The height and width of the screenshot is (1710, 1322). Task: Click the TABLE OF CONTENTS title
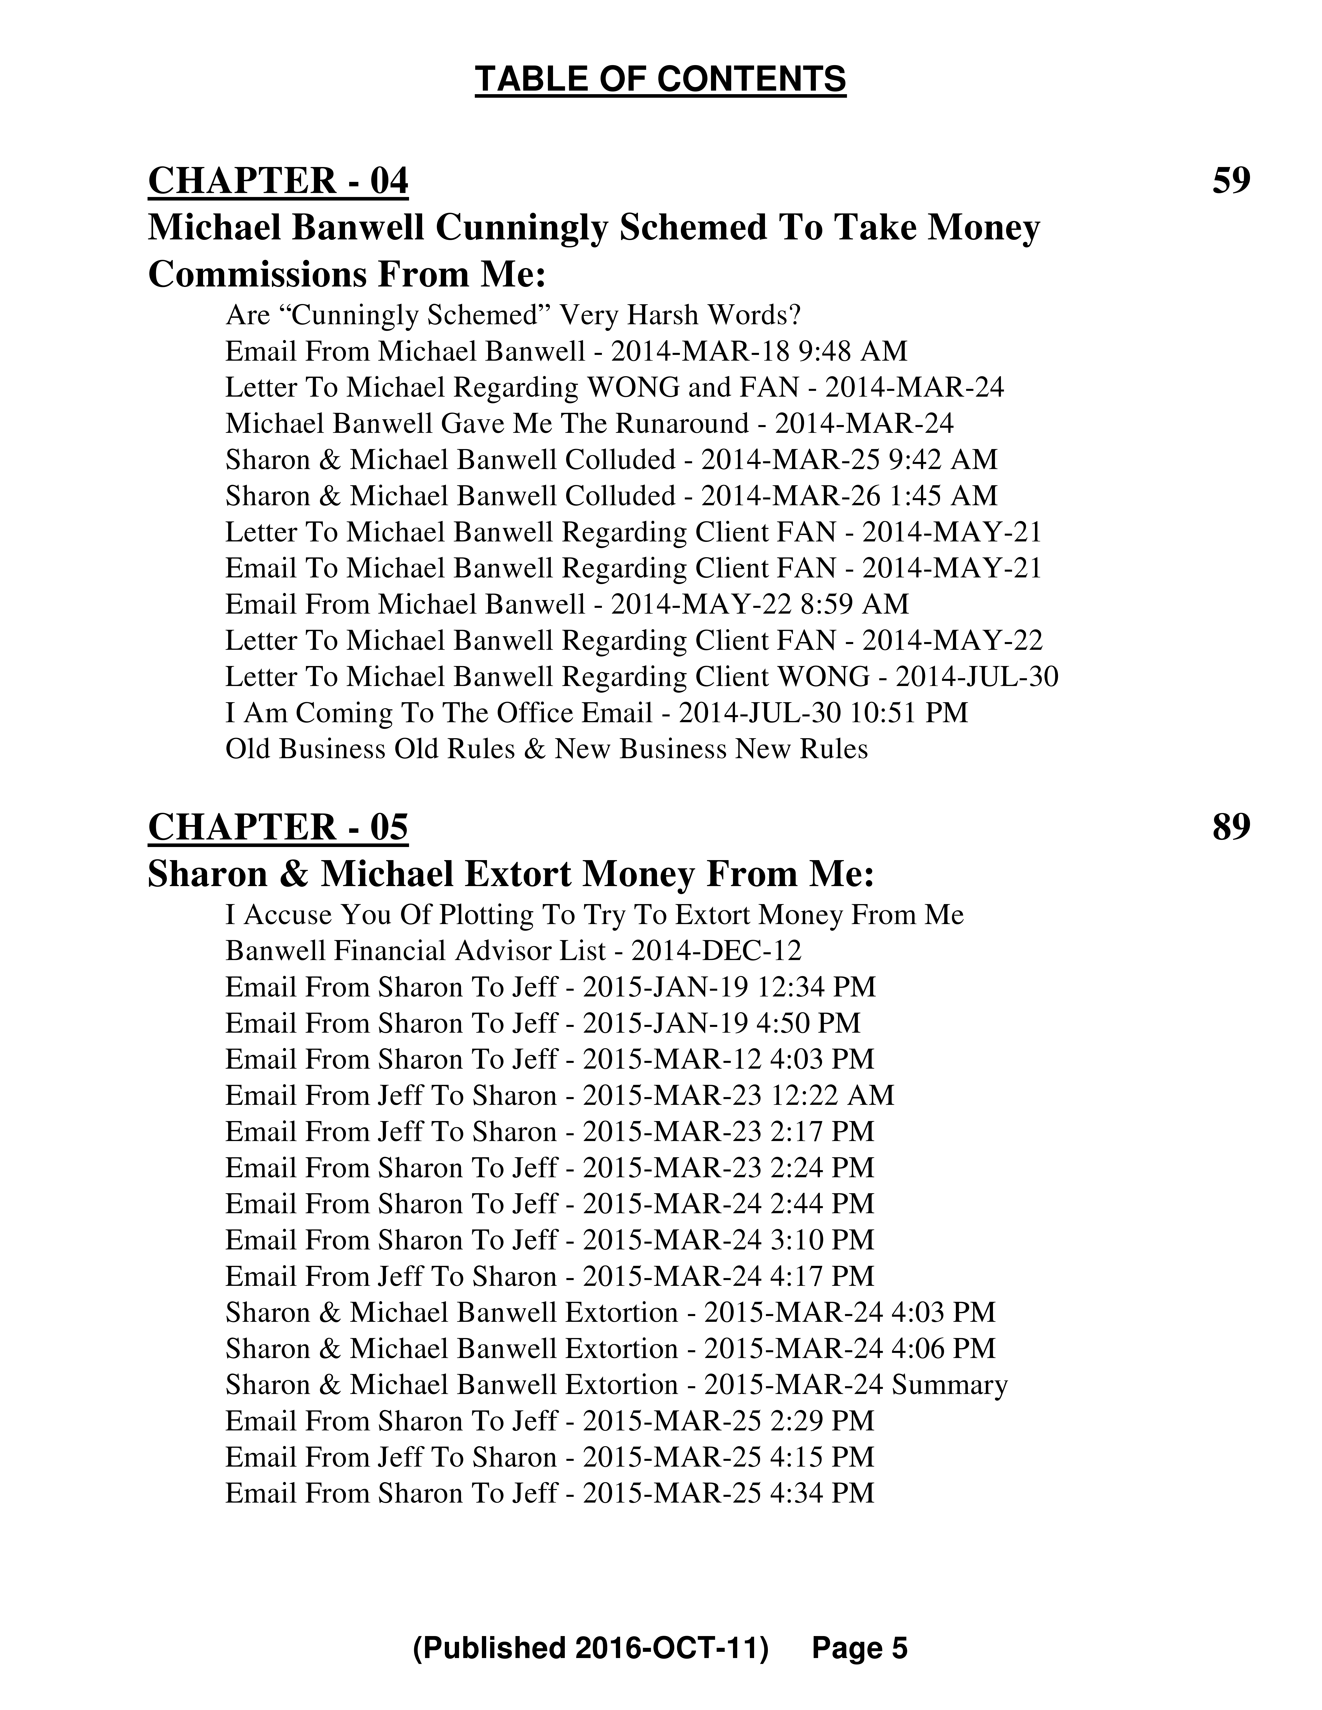pos(660,80)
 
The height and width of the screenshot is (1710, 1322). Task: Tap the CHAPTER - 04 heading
pos(278,181)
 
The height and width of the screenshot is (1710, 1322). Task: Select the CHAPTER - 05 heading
pos(278,827)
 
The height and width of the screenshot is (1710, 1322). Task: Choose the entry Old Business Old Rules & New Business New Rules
pos(547,749)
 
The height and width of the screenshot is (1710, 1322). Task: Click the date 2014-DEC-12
pos(716,950)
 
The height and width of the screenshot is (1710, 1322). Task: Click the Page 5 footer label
pos(859,1648)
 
